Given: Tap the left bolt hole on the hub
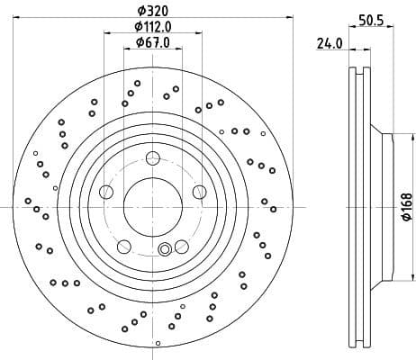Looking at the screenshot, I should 107,191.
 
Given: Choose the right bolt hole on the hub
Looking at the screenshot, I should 199,191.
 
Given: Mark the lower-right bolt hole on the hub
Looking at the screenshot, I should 181,246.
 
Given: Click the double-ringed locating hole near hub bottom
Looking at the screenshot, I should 164,250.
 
